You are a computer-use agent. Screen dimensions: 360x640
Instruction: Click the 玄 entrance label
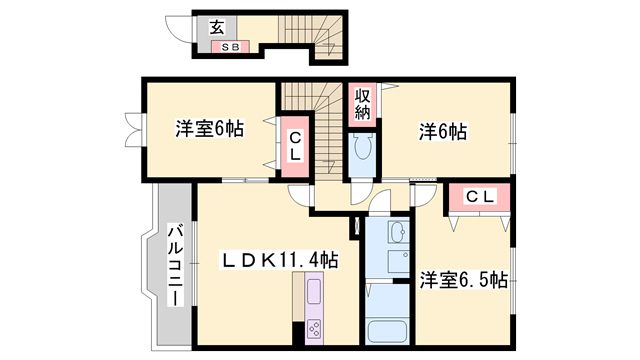coord(216,28)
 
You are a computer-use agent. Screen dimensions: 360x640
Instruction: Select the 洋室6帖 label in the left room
coord(209,128)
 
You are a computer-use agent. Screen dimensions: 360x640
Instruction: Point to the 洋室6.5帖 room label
coord(463,279)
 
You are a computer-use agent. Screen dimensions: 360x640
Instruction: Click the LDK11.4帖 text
coord(279,261)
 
